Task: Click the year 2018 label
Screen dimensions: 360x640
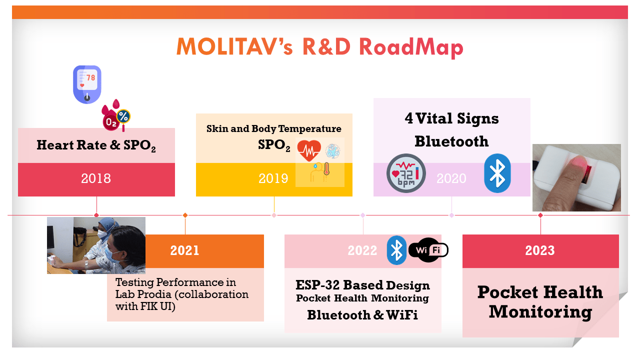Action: (96, 178)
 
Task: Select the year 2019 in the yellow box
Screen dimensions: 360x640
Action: (273, 178)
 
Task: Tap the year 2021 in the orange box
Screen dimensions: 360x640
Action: (185, 250)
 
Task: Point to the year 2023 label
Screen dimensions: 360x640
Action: (540, 250)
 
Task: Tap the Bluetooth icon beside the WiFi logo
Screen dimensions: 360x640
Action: (397, 250)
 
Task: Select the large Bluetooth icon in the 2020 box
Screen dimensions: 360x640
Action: (497, 173)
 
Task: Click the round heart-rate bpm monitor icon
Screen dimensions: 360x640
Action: (406, 173)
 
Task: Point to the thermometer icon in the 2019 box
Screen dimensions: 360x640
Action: (326, 169)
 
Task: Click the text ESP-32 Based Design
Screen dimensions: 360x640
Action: (362, 285)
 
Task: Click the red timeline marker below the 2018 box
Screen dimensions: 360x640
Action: (96, 215)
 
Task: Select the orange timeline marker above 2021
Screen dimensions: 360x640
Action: (185, 215)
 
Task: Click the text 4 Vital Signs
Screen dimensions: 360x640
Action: (451, 119)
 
